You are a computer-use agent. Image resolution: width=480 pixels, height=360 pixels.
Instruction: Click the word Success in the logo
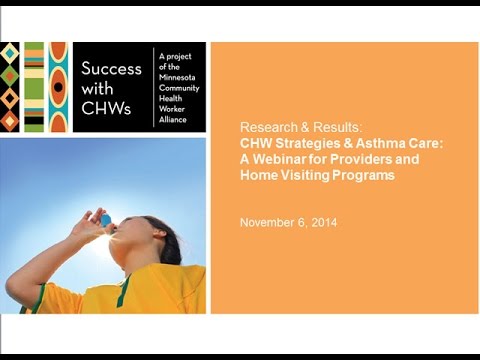point(110,71)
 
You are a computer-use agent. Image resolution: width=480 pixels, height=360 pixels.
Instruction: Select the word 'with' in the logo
point(97,91)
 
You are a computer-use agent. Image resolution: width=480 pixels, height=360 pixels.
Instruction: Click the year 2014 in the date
point(322,222)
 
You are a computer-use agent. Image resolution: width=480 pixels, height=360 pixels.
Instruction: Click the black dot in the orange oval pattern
point(58,87)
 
